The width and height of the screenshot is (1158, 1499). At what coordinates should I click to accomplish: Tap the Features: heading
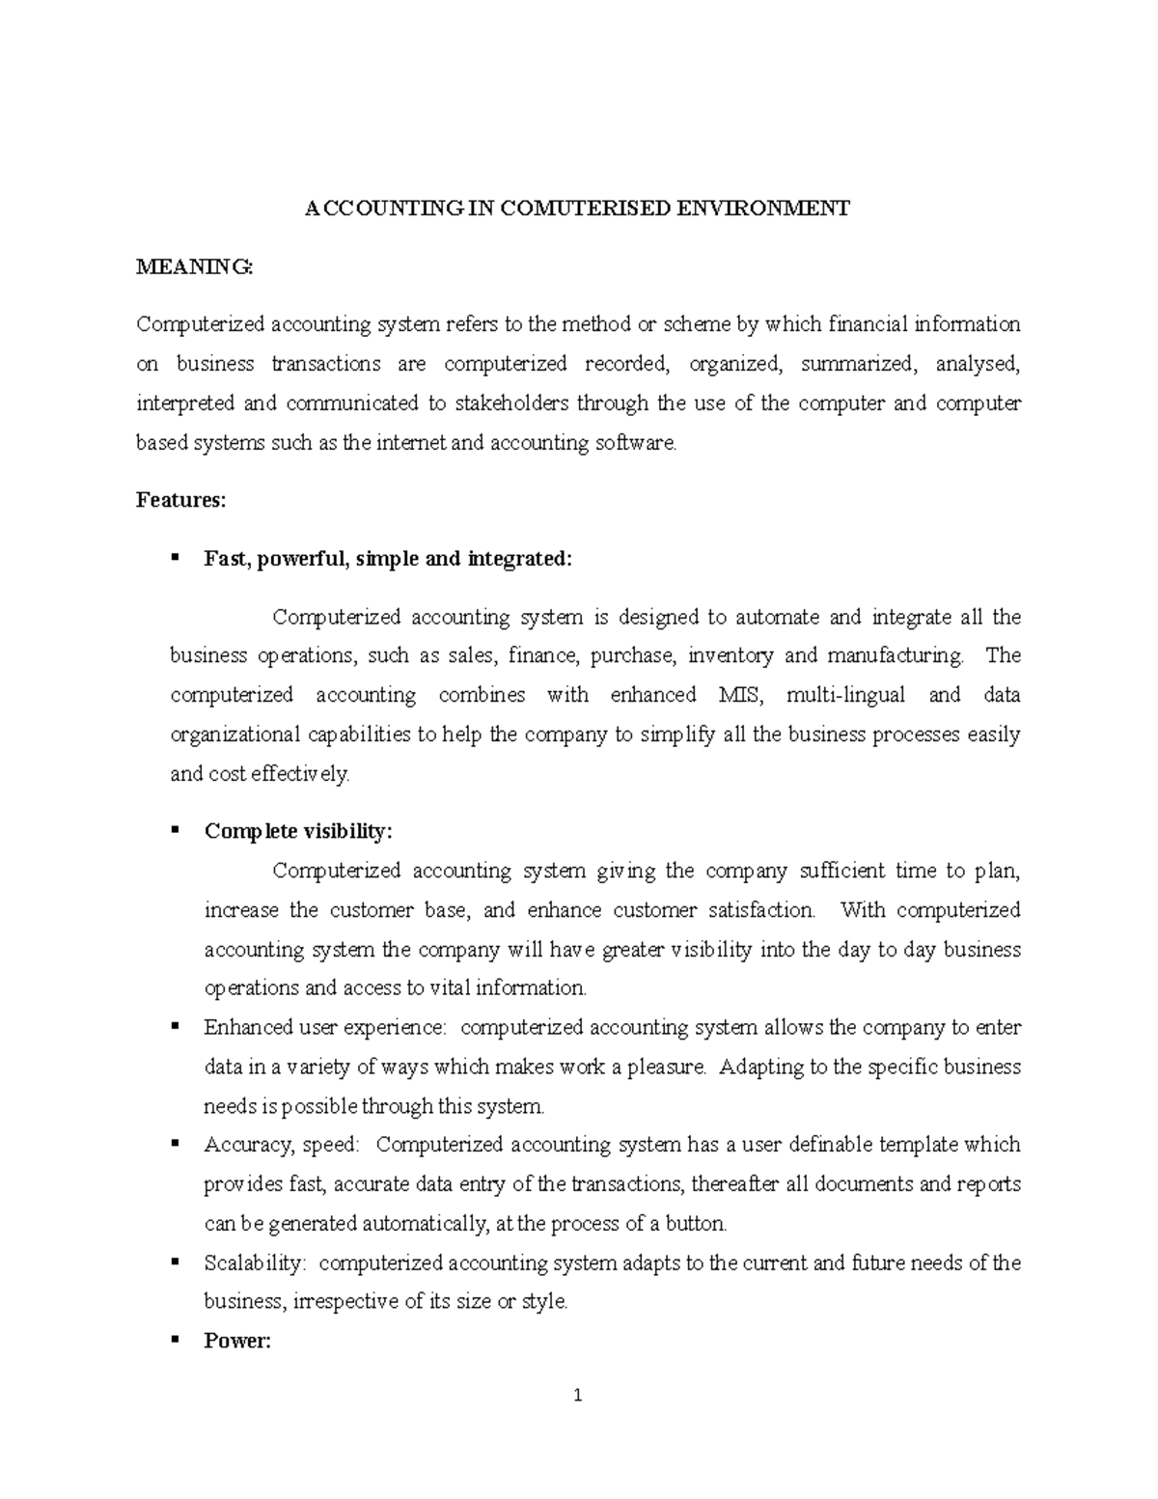click(x=181, y=499)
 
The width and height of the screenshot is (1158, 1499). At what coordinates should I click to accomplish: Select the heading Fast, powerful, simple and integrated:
click(x=388, y=559)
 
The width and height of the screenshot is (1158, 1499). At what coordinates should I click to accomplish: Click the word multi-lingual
click(x=846, y=695)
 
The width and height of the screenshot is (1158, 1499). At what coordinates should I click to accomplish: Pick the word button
click(x=695, y=1224)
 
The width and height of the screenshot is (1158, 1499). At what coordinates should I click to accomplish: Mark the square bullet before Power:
click(x=175, y=1340)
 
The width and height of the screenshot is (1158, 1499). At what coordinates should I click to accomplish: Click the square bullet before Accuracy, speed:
click(x=175, y=1143)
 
